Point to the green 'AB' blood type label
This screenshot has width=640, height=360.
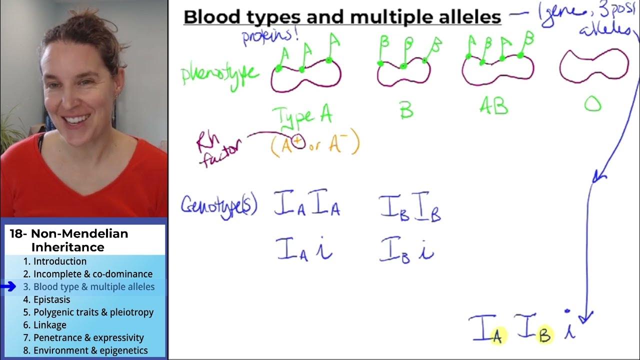tap(493, 106)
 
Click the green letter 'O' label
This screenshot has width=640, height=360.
tap(593, 104)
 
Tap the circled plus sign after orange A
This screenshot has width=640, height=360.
tap(298, 142)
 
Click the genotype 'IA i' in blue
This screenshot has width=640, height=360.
tap(304, 249)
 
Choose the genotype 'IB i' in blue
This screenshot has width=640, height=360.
tap(406, 249)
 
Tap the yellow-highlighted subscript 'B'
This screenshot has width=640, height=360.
tap(544, 335)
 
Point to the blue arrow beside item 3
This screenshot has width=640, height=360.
tap(8, 287)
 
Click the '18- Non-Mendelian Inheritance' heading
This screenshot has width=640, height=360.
tap(69, 240)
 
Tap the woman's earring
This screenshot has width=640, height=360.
tap(116, 94)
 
